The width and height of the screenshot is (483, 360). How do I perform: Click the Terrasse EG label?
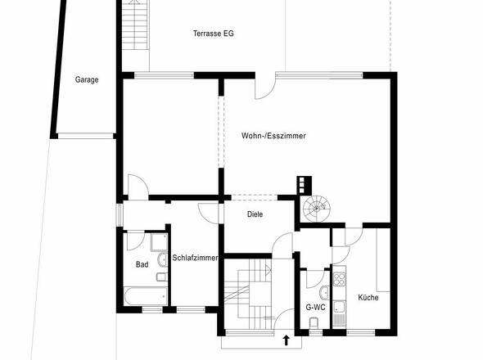213,34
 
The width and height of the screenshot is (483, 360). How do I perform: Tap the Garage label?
87,79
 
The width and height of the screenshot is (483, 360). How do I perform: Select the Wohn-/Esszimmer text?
273,136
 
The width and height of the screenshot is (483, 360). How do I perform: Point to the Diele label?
255,214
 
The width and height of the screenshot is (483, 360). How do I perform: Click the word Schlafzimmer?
195,258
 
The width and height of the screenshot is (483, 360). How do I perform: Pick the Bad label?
142,264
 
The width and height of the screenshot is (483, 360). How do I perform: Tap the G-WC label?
315,307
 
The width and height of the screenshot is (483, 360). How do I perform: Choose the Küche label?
368,298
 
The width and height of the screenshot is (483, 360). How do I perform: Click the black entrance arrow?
287,340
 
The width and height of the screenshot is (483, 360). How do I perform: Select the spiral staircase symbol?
316,208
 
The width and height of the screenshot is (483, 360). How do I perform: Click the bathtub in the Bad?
146,296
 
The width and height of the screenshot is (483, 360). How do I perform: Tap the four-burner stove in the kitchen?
339,278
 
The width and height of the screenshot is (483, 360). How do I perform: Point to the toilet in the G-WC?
314,323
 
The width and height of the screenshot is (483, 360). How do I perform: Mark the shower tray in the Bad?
159,242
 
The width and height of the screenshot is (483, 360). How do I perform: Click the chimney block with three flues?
305,186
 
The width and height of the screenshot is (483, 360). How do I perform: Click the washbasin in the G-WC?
324,293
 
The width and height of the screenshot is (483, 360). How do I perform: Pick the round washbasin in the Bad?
162,260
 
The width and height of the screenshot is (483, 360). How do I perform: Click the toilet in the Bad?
162,277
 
